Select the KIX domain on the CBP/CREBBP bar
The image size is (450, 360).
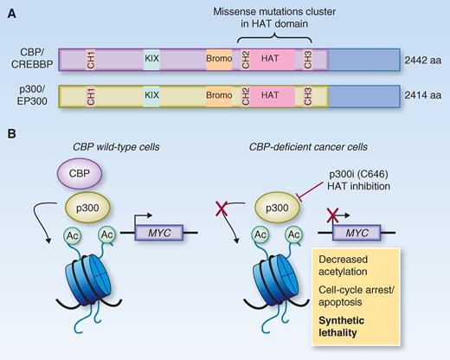coord(152,59)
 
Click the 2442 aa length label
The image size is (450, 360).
coord(423,59)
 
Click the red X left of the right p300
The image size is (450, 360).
coord(225,230)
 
